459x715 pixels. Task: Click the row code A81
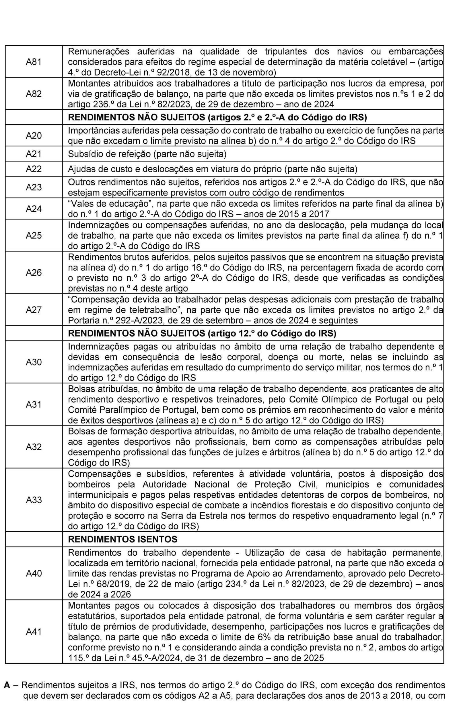[34, 62]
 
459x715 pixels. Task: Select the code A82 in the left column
[34, 94]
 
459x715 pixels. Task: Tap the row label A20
[34, 136]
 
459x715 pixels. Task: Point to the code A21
[34, 154]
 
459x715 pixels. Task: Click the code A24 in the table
[34, 209]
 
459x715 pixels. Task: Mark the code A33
[34, 500]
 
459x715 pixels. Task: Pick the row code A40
[34, 573]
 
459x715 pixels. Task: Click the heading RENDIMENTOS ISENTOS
[122, 539]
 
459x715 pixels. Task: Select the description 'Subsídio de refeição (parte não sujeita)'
[147, 154]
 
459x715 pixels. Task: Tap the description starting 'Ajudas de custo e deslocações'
[213, 169]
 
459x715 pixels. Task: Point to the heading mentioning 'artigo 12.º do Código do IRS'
[202, 333]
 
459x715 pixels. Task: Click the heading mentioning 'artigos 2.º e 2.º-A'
[217, 117]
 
